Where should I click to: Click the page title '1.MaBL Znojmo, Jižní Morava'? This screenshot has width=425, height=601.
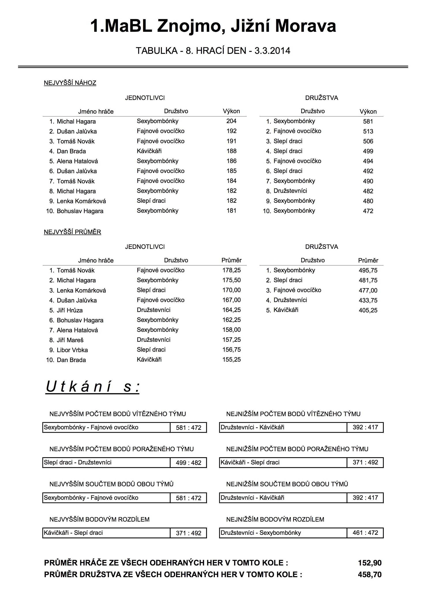pyautogui.click(x=213, y=26)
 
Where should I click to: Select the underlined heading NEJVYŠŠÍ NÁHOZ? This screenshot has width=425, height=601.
pyautogui.click(x=70, y=83)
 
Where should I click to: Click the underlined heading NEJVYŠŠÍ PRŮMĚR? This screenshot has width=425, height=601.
pyautogui.click(x=72, y=232)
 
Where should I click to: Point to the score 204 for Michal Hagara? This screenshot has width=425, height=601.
pyautogui.click(x=231, y=121)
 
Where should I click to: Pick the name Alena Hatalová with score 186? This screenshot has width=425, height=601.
pyautogui.click(x=77, y=161)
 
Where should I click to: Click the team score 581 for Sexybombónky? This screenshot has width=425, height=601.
pyautogui.click(x=368, y=122)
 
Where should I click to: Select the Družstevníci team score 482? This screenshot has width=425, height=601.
pyautogui.click(x=368, y=191)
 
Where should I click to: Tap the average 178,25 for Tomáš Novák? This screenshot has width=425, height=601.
pyautogui.click(x=231, y=270)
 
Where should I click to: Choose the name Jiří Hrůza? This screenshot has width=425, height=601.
pyautogui.click(x=70, y=310)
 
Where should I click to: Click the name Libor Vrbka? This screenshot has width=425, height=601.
pyautogui.click(x=72, y=350)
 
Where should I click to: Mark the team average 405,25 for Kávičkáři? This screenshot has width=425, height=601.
pyautogui.click(x=368, y=310)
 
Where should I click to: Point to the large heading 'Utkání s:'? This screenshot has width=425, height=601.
pyautogui.click(x=93, y=387)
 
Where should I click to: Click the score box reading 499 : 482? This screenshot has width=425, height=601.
pyautogui.click(x=188, y=463)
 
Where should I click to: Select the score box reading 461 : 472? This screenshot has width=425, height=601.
pyautogui.click(x=365, y=533)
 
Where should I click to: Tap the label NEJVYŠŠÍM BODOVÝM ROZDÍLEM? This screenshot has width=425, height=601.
pyautogui.click(x=99, y=519)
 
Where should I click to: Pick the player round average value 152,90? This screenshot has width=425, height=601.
pyautogui.click(x=369, y=563)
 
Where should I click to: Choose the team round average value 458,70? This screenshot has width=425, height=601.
pyautogui.click(x=369, y=574)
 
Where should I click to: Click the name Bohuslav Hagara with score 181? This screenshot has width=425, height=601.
pyautogui.click(x=80, y=211)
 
